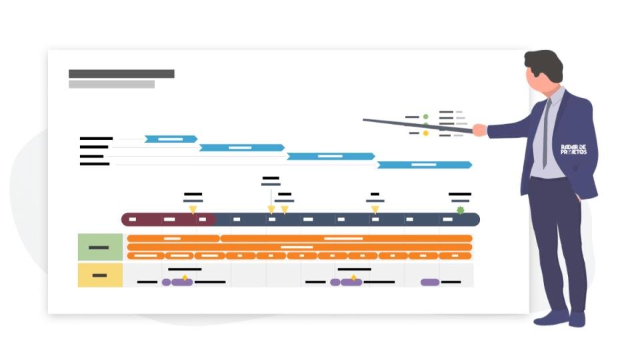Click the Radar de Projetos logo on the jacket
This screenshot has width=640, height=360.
[574, 149]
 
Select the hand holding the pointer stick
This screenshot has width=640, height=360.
[479, 129]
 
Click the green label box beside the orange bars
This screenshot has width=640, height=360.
[100, 247]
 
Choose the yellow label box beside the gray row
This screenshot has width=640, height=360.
[100, 275]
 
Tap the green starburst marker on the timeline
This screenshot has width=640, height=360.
[460, 211]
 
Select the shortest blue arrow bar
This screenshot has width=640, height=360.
[171, 139]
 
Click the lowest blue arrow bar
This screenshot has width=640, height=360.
[424, 165]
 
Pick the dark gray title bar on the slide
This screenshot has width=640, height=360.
[121, 74]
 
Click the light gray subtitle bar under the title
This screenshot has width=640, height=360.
[111, 85]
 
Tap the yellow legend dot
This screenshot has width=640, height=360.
[426, 133]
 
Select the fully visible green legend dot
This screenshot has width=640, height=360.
[426, 117]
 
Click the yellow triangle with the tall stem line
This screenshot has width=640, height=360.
[271, 209]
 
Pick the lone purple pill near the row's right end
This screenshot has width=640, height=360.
[430, 282]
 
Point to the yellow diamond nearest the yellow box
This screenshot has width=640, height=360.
[185, 277]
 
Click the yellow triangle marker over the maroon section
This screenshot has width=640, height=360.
[193, 209]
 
